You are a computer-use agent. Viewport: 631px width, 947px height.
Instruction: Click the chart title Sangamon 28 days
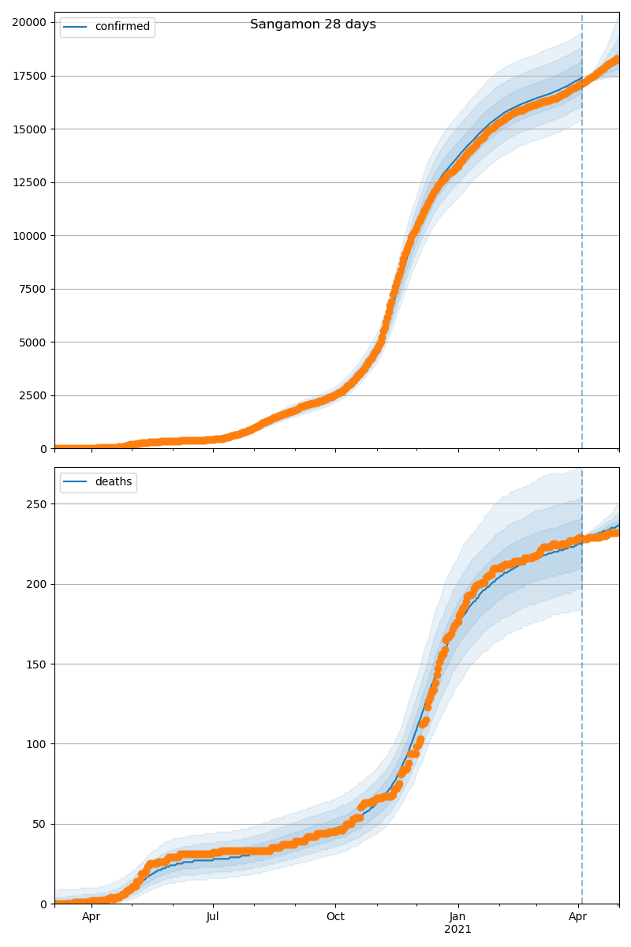click(313, 24)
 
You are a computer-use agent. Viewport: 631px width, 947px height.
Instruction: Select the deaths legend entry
click(114, 482)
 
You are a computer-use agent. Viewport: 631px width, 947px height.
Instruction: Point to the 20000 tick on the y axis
click(29, 22)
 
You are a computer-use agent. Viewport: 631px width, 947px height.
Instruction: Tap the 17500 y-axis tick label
click(29, 76)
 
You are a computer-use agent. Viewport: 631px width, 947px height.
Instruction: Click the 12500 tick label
click(29, 182)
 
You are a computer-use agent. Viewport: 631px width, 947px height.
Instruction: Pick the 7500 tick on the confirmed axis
click(32, 289)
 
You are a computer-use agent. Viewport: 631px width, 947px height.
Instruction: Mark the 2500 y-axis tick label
click(32, 395)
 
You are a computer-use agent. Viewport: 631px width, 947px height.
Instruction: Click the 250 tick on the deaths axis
click(37, 504)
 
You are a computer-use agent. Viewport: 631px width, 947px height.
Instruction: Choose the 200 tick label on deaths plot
click(37, 584)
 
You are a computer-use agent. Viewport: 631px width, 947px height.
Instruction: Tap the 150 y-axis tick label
click(37, 664)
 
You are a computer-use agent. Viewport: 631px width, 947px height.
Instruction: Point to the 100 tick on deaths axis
click(37, 743)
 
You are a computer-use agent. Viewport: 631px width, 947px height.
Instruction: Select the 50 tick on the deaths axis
click(40, 824)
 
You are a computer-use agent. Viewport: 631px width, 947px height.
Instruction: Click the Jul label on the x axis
click(213, 917)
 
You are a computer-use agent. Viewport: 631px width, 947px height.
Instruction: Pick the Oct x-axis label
click(336, 917)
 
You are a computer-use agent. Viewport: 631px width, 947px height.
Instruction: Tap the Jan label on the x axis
click(458, 917)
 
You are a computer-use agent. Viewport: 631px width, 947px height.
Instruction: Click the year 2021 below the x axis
click(458, 930)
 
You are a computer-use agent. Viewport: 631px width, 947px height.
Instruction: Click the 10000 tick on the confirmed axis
click(29, 235)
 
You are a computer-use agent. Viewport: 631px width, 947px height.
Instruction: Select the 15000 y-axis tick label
click(29, 129)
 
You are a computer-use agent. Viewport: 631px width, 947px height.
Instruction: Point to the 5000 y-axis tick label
click(32, 342)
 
